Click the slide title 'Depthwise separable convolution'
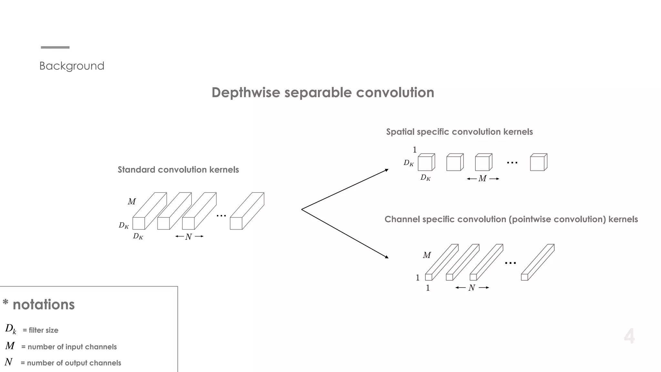click(323, 93)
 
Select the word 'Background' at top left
click(72, 66)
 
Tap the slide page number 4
click(629, 336)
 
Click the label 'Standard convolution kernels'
click(178, 170)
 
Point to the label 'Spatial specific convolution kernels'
click(459, 132)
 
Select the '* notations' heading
click(39, 305)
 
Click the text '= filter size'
click(40, 330)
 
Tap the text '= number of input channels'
click(69, 347)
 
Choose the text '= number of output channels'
click(71, 363)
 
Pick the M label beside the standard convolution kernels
click(132, 201)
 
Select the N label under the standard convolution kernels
click(189, 237)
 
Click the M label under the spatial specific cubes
click(483, 179)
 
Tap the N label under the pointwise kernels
click(472, 288)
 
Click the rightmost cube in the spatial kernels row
click(538, 162)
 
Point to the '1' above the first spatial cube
click(415, 150)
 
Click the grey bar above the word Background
click(55, 47)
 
